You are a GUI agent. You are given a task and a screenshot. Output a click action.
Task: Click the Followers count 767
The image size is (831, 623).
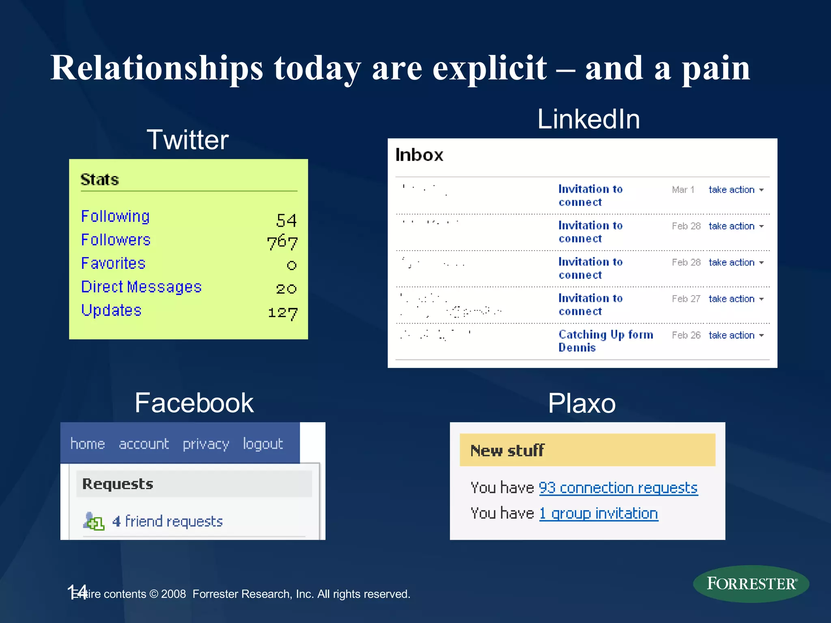[282, 242]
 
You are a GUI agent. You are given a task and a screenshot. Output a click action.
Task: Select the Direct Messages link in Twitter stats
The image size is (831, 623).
[141, 287]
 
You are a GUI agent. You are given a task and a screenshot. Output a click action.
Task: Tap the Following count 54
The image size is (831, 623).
[286, 220]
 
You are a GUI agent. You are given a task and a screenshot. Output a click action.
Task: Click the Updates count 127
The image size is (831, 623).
[283, 313]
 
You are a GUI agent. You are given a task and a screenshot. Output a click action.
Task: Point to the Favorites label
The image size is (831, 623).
[113, 263]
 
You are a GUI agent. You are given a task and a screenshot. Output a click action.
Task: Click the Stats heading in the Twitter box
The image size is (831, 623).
[99, 179]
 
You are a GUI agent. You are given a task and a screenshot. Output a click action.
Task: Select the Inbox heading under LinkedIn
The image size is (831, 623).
[419, 155]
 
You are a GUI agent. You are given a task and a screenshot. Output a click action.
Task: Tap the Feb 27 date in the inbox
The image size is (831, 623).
[686, 299]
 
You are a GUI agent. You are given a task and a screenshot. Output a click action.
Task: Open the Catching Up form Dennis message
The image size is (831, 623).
[605, 341]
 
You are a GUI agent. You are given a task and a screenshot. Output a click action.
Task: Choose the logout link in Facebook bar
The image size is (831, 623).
[263, 444]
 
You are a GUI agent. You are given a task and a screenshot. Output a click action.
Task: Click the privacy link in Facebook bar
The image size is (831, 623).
[206, 444]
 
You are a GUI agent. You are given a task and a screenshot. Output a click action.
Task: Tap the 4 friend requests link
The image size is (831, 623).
[168, 521]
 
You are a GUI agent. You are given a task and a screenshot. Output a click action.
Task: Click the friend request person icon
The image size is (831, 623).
[93, 521]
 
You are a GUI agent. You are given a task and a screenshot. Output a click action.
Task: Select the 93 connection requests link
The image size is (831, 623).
[618, 488]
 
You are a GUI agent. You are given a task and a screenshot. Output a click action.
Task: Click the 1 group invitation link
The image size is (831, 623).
[598, 513]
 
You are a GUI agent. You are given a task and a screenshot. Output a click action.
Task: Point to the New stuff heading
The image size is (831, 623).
[507, 451]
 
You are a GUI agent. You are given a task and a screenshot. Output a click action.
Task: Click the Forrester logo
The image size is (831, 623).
[751, 584]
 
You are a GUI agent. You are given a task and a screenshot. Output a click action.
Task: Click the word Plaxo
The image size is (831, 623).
[581, 403]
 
